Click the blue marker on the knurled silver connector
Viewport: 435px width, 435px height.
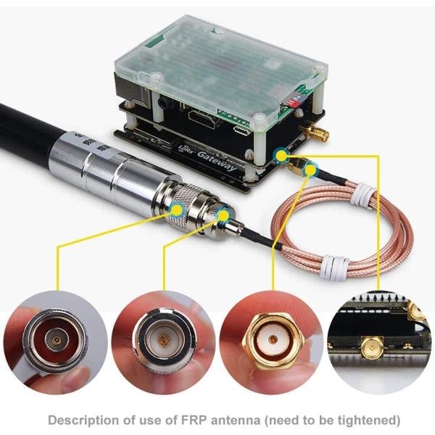point(176,209)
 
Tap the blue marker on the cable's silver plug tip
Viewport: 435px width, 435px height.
point(223,215)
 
